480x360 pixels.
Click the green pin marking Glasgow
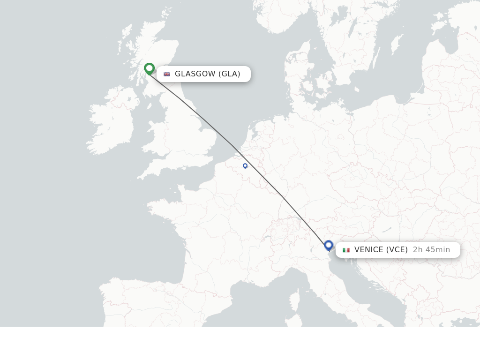pos(149,68)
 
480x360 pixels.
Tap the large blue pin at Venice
pos(329,245)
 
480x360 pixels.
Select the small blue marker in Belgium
pos(245,165)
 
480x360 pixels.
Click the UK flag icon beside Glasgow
pos(167,74)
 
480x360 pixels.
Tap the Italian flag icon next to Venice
pos(346,250)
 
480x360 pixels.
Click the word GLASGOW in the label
pos(195,74)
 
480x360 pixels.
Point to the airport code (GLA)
pos(229,74)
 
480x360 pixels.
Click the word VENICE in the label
pos(369,249)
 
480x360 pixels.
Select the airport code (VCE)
pos(397,249)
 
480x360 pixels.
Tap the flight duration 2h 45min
pos(431,249)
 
